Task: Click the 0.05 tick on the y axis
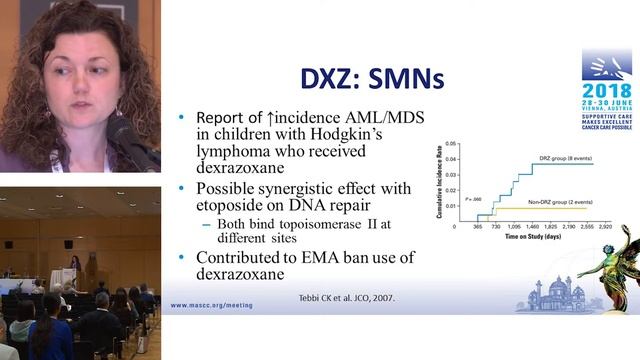pyautogui.click(x=451, y=143)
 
